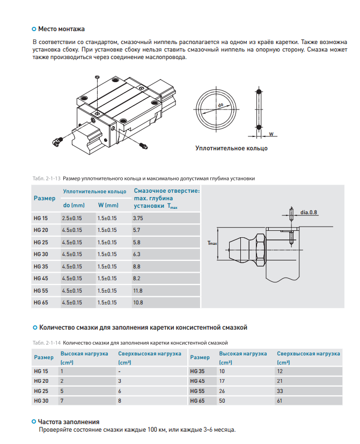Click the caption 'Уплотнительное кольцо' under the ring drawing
[x=231, y=148]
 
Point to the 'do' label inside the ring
[x=221, y=106]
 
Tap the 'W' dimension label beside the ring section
[x=271, y=134]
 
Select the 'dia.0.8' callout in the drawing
[x=309, y=212]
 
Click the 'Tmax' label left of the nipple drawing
[x=212, y=243]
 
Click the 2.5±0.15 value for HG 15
[x=72, y=219]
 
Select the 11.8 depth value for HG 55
[x=138, y=290]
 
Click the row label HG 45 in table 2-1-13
[x=41, y=279]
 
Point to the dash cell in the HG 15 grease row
[x=119, y=371]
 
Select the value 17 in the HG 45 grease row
[x=222, y=381]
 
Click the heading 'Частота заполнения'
[x=68, y=422]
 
